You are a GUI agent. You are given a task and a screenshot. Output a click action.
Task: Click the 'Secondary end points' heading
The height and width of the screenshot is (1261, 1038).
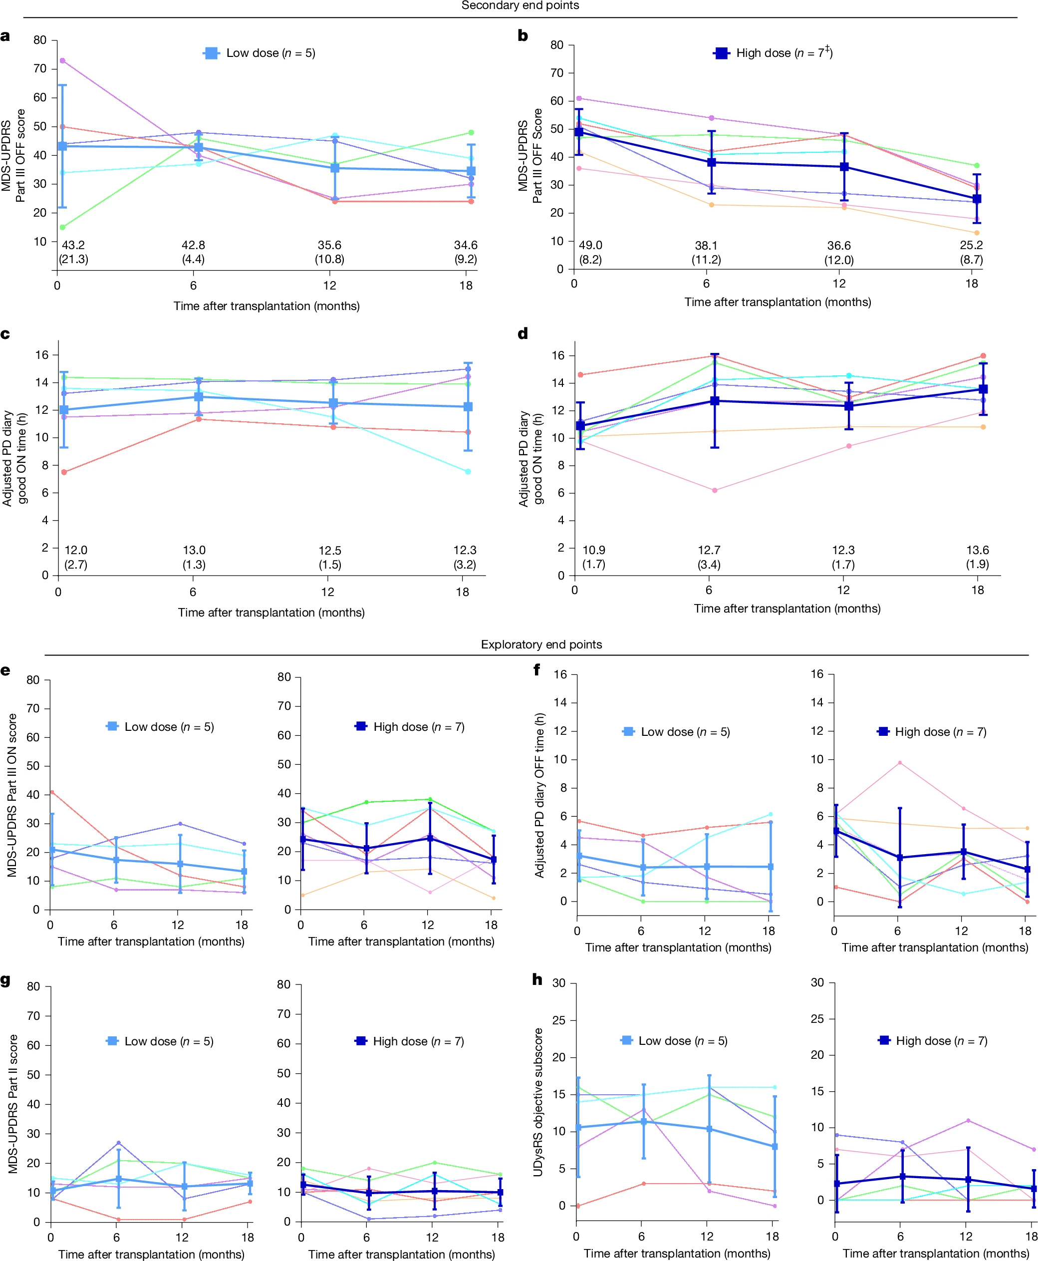519,5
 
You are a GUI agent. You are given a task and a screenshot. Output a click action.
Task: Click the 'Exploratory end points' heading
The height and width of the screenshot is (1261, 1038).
541,644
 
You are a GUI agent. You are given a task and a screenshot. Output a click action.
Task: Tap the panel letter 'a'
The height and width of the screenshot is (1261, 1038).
5,36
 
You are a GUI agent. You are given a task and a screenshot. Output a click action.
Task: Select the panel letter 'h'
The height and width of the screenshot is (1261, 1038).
537,979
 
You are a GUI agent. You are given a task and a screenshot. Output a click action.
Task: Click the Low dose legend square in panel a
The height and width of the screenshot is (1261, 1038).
211,53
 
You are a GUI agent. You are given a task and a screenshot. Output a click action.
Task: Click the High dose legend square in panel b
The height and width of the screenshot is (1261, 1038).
722,53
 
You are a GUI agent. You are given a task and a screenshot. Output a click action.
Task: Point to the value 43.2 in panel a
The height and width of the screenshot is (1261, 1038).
73,245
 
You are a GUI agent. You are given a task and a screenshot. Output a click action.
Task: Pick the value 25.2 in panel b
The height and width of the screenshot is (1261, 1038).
971,245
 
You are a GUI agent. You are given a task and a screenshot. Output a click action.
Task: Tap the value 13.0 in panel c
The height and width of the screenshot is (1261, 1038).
194,550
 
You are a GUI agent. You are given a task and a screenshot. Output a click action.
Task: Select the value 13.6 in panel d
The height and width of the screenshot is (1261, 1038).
978,550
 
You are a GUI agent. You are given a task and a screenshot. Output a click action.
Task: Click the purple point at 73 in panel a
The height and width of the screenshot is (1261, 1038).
62,60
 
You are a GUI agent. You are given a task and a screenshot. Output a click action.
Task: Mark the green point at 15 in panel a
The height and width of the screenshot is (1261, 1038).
62,227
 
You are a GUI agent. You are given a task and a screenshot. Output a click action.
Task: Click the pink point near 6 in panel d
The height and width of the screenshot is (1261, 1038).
715,491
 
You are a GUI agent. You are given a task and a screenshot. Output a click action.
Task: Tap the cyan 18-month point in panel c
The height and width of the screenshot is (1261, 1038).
468,471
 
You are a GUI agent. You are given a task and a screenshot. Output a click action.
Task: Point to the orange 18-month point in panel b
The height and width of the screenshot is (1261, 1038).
977,233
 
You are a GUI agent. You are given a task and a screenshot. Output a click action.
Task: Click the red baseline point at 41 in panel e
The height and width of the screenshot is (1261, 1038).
52,792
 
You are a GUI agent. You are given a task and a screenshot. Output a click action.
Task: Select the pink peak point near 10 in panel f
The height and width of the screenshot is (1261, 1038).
899,763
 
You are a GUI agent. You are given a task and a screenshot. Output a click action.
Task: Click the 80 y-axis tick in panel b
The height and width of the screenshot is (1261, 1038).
556,45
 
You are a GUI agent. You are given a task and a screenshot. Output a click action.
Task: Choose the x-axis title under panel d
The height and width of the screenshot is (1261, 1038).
787,609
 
